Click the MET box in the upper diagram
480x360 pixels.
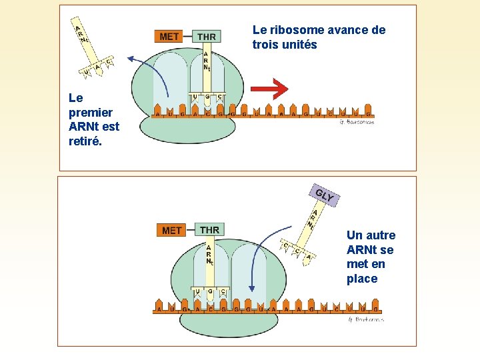[169, 36]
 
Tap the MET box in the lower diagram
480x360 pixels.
[172, 230]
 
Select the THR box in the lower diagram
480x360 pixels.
[209, 229]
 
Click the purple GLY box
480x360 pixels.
[325, 195]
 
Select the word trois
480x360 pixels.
[266, 45]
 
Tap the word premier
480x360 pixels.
[90, 112]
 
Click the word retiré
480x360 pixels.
[84, 141]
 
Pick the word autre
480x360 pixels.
[380, 235]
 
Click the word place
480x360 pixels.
[362, 279]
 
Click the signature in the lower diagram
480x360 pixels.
[365, 320]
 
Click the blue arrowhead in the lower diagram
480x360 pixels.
[252, 287]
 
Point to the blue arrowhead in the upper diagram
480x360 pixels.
[131, 59]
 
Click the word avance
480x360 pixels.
[350, 30]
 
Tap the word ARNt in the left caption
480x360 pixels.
[83, 127]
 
